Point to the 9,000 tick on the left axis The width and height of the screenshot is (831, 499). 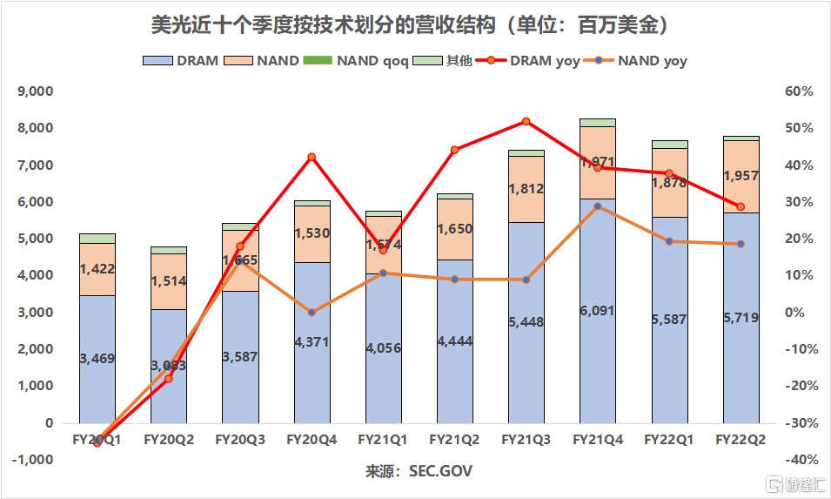click(36, 91)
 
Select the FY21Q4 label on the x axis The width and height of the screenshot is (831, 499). click(598, 440)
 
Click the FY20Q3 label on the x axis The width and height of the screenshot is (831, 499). click(239, 440)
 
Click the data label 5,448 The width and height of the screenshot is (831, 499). click(526, 321)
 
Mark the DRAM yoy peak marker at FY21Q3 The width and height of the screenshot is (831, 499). click(526, 121)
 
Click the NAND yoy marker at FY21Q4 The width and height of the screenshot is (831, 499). click(598, 206)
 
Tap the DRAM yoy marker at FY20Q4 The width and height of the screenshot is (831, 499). click(312, 157)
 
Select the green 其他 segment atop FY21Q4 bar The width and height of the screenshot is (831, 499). click(598, 123)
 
